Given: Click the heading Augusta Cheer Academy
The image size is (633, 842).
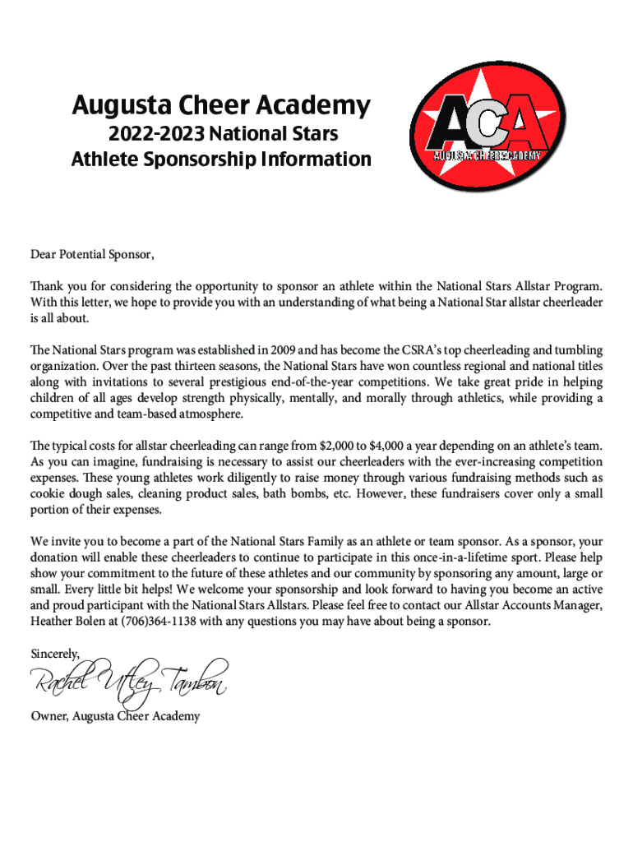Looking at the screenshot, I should pos(221,106).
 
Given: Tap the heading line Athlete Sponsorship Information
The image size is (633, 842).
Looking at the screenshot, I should pos(221,159).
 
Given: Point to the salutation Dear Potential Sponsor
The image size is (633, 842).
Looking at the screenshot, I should pos(92,254).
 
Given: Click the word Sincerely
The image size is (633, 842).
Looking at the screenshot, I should pos(55,655).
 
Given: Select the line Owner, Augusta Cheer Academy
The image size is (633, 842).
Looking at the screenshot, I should pos(115,716).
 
